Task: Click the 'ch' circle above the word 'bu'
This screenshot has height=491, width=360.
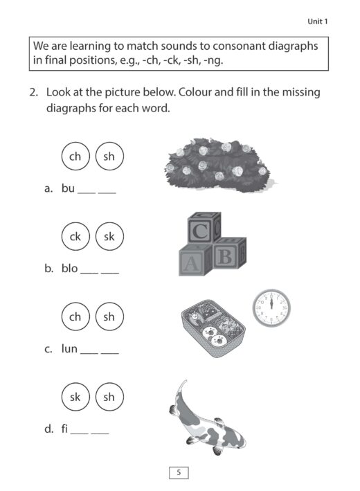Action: point(75,157)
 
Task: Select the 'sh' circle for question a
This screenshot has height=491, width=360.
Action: point(109,157)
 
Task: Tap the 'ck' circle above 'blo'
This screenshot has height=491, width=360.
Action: point(75,237)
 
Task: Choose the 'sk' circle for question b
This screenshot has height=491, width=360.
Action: point(109,237)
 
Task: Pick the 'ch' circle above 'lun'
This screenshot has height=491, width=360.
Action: point(75,316)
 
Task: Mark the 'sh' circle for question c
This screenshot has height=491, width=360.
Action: point(109,316)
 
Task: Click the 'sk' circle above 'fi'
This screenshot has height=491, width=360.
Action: point(75,397)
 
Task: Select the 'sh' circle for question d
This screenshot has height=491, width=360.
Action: point(109,397)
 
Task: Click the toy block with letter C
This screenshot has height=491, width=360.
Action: point(201,231)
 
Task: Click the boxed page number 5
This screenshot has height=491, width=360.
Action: point(179,472)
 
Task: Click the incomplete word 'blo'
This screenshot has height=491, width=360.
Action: point(69,269)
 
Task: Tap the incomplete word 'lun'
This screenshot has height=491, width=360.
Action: point(69,349)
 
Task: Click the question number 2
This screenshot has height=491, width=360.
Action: point(33,92)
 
